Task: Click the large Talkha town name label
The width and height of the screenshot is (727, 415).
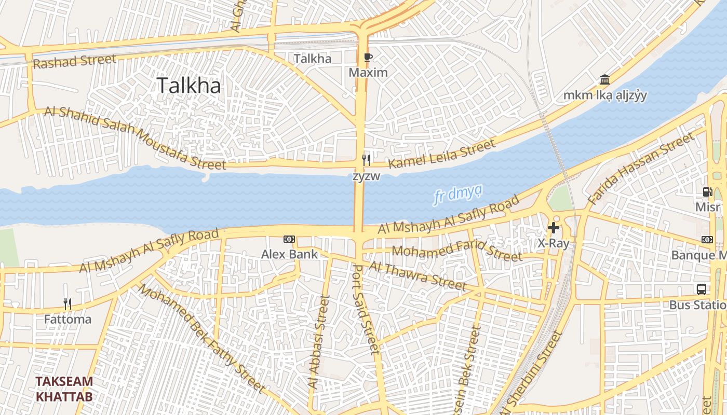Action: point(189,86)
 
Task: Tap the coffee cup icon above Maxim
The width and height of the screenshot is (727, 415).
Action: point(368,58)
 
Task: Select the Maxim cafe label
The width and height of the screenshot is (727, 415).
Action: point(368,73)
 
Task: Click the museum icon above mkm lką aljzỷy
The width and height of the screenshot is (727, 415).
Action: point(604,80)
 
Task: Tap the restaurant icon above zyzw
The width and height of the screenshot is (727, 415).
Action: point(367,160)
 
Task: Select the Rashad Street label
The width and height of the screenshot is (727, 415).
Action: point(74,61)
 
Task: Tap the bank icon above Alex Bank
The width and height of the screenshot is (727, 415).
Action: point(289,239)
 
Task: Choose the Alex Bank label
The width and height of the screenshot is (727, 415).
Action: point(289,254)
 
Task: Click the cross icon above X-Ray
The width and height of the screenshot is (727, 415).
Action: point(554,227)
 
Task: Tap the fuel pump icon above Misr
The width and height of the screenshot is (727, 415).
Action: point(707,192)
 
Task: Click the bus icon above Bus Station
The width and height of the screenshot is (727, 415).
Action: point(702,289)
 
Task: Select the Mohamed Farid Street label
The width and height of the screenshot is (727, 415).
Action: point(456,253)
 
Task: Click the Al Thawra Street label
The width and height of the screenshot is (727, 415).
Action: point(418,275)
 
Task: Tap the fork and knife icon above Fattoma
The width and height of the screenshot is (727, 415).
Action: point(68,304)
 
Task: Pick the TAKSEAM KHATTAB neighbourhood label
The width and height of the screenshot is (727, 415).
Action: point(64,389)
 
